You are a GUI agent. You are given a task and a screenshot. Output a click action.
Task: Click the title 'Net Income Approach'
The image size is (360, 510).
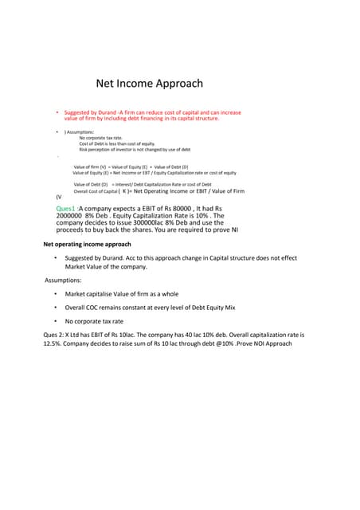(x=150, y=83)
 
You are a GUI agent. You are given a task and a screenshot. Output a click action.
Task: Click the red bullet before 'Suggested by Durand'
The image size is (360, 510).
(x=57, y=112)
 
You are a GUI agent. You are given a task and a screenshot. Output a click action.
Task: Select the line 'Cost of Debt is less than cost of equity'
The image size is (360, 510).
(x=112, y=143)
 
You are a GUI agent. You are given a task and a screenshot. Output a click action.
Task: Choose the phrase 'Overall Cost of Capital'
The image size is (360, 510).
(x=94, y=192)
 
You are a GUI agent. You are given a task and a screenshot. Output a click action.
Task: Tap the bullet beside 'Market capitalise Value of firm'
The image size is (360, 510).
(x=56, y=294)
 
